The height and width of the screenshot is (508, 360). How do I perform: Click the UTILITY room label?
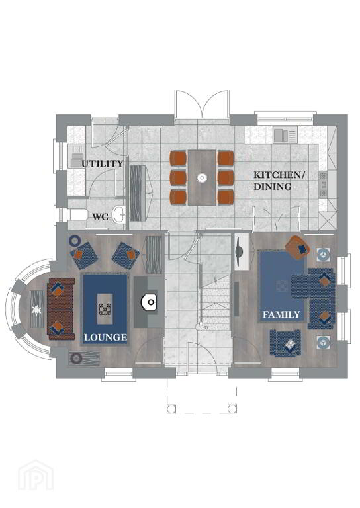(103, 163)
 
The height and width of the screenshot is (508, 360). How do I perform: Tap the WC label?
(101, 217)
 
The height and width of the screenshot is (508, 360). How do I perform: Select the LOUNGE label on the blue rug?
(105, 337)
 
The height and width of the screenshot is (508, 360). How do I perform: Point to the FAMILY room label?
(281, 314)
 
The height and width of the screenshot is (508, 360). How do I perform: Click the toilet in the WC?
(78, 214)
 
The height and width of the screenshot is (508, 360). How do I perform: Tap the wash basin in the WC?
(119, 214)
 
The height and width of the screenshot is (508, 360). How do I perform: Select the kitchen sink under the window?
(285, 135)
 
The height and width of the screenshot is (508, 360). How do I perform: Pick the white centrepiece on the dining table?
(202, 177)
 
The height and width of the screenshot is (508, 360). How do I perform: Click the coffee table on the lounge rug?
(105, 309)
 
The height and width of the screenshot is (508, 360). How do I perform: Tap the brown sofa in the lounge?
(61, 309)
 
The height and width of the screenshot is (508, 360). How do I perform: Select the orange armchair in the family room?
(298, 247)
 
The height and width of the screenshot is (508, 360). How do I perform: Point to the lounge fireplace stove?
(150, 302)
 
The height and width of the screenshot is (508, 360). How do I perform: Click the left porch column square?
(171, 409)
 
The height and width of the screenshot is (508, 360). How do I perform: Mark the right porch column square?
(232, 409)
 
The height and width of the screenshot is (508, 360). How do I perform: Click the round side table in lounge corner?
(75, 241)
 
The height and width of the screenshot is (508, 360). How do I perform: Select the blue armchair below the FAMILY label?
(285, 343)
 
